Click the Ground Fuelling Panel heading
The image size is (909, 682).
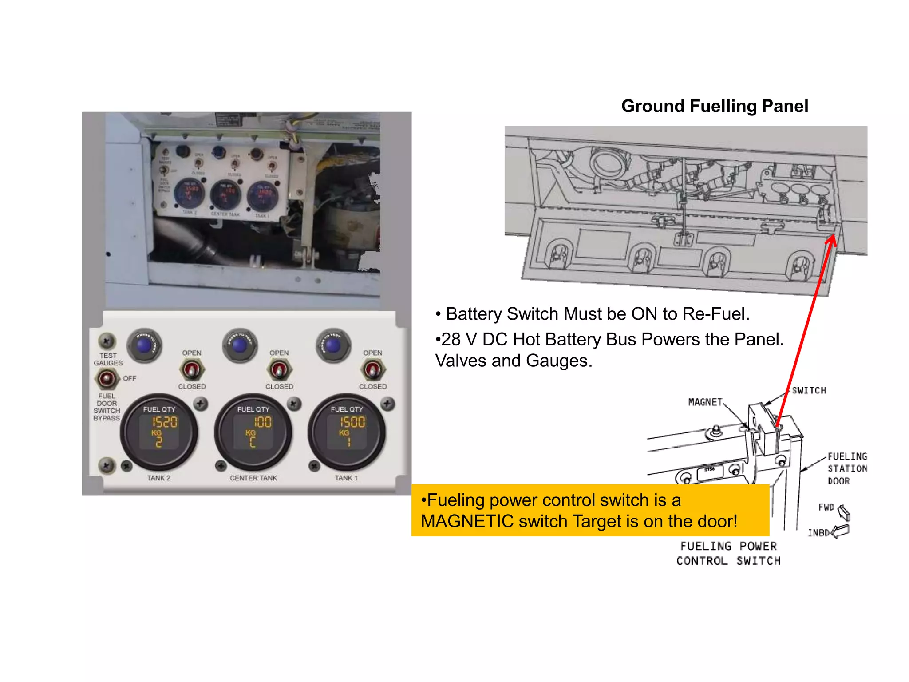point(714,107)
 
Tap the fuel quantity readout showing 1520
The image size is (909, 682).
point(165,422)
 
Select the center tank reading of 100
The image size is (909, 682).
point(262,422)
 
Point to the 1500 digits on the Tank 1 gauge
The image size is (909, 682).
point(352,422)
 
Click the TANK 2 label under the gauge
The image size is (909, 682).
point(158,478)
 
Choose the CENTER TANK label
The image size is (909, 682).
point(253,478)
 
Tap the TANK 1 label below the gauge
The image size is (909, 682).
point(346,478)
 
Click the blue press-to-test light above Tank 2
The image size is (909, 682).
point(144,345)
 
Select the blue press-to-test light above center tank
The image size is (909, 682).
point(239,345)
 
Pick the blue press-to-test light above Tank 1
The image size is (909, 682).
point(333,345)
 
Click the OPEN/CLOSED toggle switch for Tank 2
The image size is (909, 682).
point(191,369)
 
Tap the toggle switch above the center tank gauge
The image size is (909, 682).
point(279,369)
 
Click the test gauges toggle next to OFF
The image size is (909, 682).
point(107,379)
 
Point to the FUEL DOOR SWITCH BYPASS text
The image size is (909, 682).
point(107,407)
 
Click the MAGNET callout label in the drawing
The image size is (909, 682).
point(705,402)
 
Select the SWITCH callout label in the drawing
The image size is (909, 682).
point(809,391)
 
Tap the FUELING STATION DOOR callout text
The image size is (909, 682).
point(846,469)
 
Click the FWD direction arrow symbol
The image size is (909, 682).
point(844,513)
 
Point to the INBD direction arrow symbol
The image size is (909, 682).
point(840,531)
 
